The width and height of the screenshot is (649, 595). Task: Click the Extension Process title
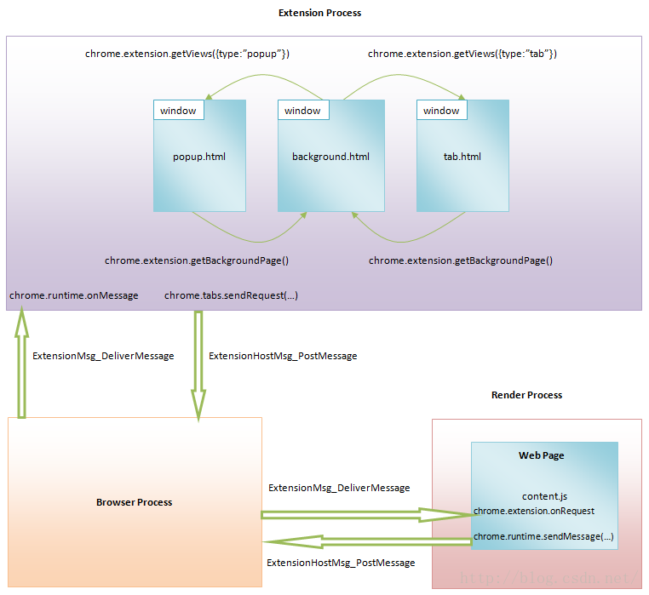(319, 13)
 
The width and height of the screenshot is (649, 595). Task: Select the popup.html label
(198, 157)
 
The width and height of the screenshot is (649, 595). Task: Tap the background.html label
(330, 157)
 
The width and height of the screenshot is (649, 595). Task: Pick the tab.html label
(462, 157)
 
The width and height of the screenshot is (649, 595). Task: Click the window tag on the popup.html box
(178, 111)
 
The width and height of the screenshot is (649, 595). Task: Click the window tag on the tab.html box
(441, 111)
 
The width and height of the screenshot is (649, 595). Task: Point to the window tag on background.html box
(302, 111)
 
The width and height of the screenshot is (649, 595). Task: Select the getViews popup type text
(187, 54)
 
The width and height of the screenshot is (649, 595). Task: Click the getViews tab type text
(462, 54)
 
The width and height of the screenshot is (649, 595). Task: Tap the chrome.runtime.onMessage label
(73, 295)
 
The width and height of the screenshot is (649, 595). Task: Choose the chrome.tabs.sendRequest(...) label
(231, 295)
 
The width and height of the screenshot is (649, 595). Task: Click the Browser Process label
(134, 502)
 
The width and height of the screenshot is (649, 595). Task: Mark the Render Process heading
(526, 395)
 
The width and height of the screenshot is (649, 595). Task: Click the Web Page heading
(542, 455)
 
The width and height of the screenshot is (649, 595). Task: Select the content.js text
(544, 496)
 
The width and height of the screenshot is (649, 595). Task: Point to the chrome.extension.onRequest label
(534, 511)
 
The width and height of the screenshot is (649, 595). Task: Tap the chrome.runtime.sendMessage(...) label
(543, 537)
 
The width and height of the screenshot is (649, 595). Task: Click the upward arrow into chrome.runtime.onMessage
(22, 362)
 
